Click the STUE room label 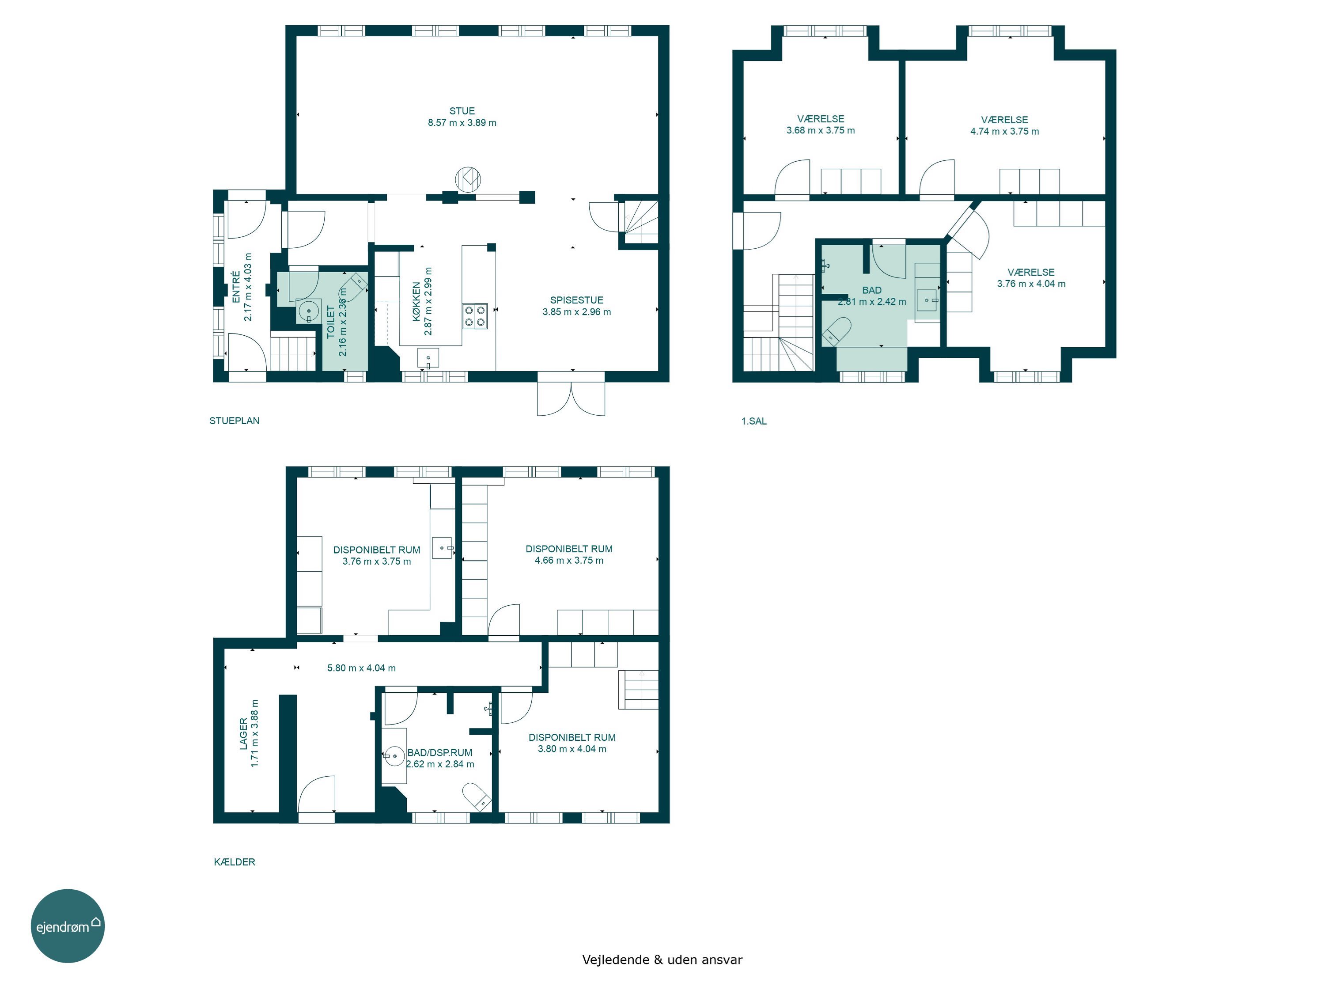pos(462,111)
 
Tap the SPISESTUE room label pos(577,300)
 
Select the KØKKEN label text pos(417,301)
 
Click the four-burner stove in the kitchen pos(475,316)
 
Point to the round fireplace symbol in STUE pos(468,179)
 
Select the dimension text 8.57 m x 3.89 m pos(462,123)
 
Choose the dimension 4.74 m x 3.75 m pos(1004,131)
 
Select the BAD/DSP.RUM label pos(439,752)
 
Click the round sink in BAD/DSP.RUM pos(394,756)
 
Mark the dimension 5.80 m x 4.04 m pos(361,668)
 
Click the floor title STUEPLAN pos(234,421)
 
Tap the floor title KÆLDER pos(234,862)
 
